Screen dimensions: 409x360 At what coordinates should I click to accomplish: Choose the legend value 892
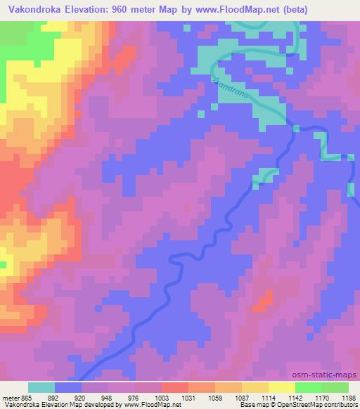[x=54, y=398]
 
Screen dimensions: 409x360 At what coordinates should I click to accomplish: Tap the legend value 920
[x=81, y=398]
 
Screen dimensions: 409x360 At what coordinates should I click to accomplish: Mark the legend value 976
[x=134, y=398]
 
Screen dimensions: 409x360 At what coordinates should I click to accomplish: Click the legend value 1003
[x=161, y=398]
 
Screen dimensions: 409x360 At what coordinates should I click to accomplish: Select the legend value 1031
[x=188, y=398]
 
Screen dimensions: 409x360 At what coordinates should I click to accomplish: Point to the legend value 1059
[x=214, y=398]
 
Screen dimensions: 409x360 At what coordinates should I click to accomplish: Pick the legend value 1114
[x=268, y=398]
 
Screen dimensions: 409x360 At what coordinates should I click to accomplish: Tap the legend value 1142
[x=295, y=398]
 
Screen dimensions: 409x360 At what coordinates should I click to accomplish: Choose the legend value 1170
[x=321, y=398]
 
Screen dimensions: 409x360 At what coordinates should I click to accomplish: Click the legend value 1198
[x=347, y=398]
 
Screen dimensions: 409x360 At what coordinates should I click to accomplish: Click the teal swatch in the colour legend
[x=41, y=387]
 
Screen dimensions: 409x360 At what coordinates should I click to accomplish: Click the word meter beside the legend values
[x=10, y=398]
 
